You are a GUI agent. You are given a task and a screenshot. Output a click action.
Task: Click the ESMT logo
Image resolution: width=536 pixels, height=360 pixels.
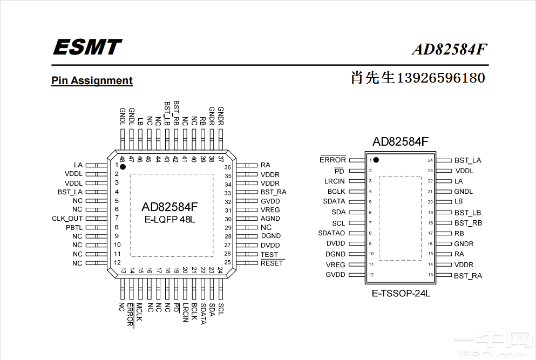87,47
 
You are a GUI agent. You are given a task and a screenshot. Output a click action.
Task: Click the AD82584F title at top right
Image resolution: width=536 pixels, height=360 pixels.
450,50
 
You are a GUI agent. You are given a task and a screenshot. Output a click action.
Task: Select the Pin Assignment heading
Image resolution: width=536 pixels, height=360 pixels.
92,81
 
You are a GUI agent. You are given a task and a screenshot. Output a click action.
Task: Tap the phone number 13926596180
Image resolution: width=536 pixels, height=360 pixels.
440,78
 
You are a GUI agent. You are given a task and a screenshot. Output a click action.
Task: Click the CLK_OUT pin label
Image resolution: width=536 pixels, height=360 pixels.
67,219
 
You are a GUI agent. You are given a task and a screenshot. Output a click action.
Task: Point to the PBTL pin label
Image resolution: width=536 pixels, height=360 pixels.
74,227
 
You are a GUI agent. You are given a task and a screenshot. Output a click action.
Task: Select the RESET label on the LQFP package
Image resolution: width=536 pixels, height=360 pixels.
272,263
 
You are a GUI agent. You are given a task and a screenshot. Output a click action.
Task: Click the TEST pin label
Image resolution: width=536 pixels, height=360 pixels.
269,254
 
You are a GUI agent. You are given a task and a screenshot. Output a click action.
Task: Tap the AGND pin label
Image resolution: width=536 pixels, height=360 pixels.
270,219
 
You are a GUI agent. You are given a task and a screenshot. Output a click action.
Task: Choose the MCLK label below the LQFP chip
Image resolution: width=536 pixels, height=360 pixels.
139,313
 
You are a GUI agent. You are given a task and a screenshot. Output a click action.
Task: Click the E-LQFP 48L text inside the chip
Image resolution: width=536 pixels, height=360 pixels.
169,220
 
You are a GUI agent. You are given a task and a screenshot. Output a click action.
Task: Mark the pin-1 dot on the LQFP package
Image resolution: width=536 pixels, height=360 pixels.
123,167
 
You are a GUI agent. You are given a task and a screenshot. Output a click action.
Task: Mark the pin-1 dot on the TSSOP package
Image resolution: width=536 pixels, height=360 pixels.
376,160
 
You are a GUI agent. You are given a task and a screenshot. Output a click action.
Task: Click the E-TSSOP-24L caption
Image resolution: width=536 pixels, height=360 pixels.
401,294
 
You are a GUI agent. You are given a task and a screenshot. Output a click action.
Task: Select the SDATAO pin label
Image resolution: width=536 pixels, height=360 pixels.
331,233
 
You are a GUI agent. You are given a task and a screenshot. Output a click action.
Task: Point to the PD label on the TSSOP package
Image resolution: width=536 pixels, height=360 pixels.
340,171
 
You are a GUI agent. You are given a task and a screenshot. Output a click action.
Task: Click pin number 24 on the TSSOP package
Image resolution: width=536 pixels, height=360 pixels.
431,160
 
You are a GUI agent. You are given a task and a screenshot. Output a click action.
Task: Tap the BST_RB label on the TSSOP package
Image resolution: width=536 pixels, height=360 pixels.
468,223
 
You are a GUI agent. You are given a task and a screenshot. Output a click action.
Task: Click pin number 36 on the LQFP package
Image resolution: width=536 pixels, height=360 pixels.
228,167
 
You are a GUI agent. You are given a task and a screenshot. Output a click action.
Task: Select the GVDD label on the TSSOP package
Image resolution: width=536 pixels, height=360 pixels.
335,275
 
